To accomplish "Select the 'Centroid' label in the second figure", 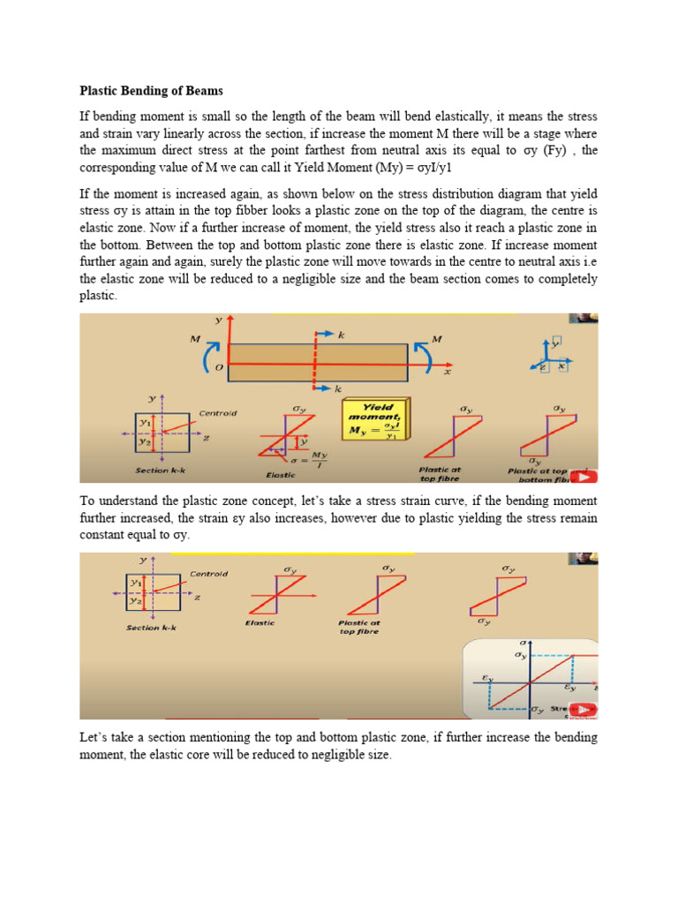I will coord(208,574).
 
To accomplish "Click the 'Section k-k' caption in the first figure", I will coord(159,470).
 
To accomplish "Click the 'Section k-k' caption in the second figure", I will coord(151,628).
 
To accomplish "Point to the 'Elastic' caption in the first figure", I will coord(281,474).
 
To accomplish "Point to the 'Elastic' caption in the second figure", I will coord(260,622).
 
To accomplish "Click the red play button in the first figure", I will coord(586,476).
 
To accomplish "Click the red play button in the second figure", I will coord(584,709).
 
